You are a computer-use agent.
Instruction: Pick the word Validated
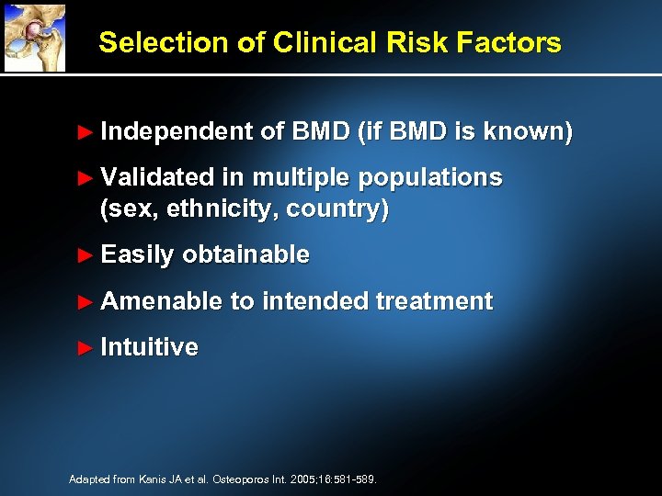click(157, 177)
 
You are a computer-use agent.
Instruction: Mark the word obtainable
click(245, 255)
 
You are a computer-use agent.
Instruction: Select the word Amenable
click(162, 301)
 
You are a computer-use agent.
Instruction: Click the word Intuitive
click(149, 347)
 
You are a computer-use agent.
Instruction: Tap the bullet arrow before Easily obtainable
click(86, 255)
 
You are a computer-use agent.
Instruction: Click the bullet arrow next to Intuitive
click(86, 347)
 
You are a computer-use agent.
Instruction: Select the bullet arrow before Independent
click(86, 132)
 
